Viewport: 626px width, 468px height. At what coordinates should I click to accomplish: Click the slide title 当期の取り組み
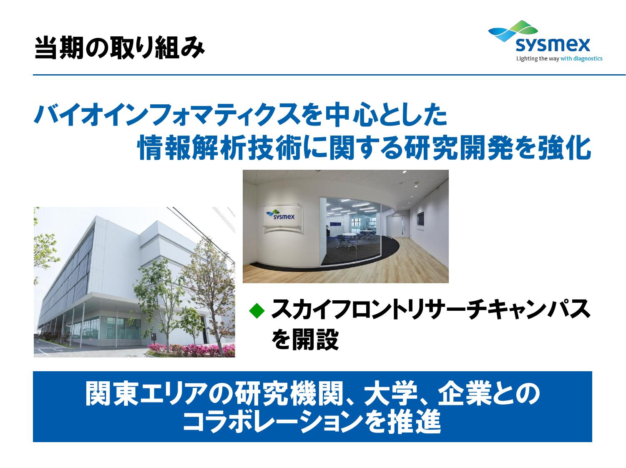click(x=120, y=47)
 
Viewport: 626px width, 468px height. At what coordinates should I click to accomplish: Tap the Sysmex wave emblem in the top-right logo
click(x=513, y=30)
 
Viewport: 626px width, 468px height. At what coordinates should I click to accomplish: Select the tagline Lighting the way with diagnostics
click(x=559, y=59)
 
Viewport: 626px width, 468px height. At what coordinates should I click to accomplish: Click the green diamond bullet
click(x=256, y=311)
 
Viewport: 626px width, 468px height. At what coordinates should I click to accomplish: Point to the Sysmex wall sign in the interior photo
click(x=283, y=218)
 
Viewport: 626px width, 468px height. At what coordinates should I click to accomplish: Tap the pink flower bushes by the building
click(x=191, y=350)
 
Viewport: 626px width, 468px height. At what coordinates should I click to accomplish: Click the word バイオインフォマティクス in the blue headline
click(x=166, y=115)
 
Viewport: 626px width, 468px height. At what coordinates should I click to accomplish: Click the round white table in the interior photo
click(x=349, y=235)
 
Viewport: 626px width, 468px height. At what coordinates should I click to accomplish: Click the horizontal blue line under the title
click(x=329, y=75)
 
